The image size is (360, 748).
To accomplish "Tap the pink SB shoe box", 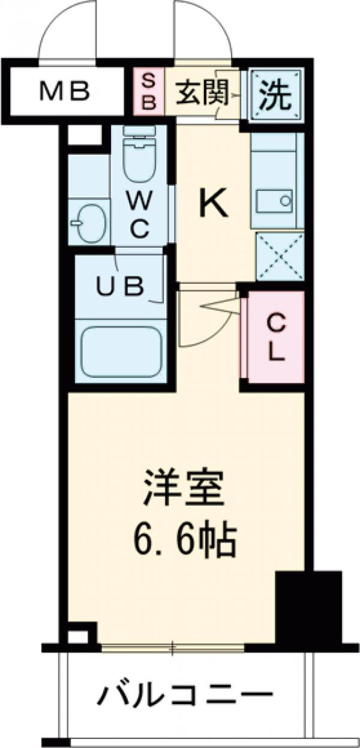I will [149, 92].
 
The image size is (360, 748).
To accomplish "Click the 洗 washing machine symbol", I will [273, 93].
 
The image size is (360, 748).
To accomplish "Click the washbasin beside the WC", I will [89, 223].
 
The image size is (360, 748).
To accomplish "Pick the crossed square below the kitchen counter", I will [280, 256].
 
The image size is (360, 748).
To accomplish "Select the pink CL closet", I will [274, 338].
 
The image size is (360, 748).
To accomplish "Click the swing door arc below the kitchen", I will [207, 324].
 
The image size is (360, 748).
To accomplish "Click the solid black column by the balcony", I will [307, 605].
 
